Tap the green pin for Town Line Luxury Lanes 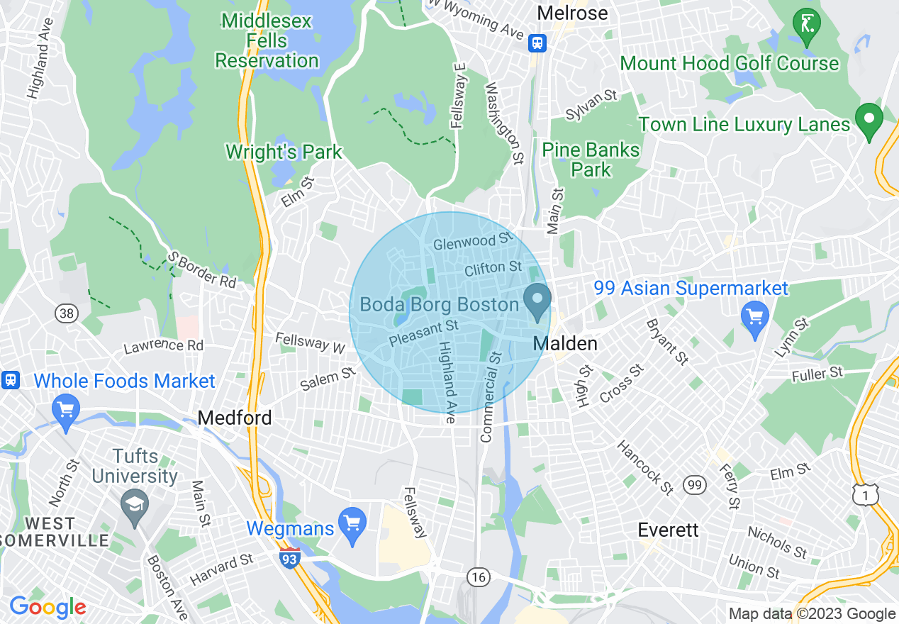point(869,120)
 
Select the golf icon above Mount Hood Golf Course point(806,25)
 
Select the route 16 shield point(479,577)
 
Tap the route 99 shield point(694,485)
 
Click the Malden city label point(565,344)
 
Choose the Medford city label point(235,418)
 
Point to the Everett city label point(668,530)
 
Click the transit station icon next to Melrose point(538,43)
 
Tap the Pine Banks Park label point(591,160)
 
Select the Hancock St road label point(644,467)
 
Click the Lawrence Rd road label point(164,345)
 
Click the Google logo point(48,608)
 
